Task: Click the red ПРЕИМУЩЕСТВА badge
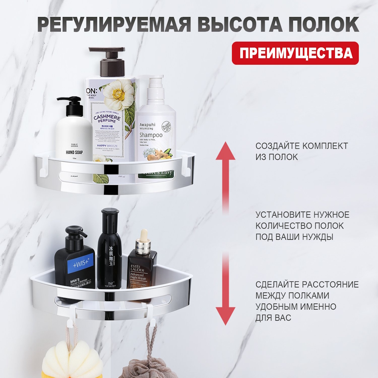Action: [x=295, y=53]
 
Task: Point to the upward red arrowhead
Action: [x=225, y=151]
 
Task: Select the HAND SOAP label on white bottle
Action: [x=74, y=153]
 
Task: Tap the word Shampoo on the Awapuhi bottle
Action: [x=151, y=135]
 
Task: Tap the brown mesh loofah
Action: [x=149, y=369]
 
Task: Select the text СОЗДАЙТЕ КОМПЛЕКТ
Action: [x=302, y=146]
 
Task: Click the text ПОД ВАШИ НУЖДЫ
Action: [x=294, y=237]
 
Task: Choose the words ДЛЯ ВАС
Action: [x=273, y=318]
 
